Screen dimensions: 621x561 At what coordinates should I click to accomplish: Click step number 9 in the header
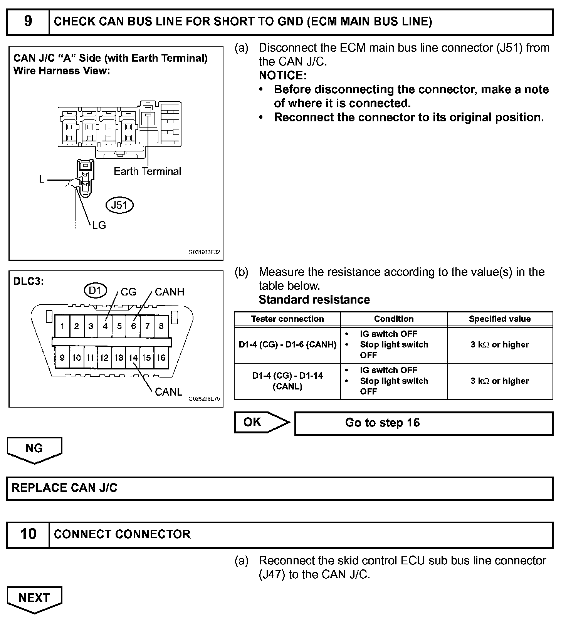tap(28, 22)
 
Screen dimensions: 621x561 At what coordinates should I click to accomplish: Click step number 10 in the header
tap(28, 534)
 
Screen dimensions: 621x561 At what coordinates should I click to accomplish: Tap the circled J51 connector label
tap(119, 205)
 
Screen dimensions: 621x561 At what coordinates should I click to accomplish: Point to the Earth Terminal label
tap(147, 171)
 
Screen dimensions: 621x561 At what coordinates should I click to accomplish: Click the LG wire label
tap(99, 225)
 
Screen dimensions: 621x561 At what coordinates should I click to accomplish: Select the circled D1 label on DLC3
tap(95, 290)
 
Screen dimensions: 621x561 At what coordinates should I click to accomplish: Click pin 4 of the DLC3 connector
tap(105, 326)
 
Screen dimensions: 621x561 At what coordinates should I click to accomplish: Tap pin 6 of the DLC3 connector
tap(133, 326)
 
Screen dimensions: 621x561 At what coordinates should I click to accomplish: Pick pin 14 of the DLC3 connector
tap(133, 358)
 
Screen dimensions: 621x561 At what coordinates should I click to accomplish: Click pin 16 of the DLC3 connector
tap(161, 358)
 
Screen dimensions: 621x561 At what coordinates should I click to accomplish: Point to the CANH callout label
tap(170, 292)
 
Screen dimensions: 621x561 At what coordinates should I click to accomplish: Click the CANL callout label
tap(168, 392)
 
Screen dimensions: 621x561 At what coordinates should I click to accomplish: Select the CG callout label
tap(128, 292)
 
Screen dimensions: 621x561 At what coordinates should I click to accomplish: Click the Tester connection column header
tap(287, 319)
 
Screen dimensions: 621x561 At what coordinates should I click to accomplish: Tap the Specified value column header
tap(500, 319)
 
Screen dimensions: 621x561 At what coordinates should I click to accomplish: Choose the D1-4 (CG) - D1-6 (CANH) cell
tap(287, 345)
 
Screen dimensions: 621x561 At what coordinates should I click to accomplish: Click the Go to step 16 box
tap(423, 423)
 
